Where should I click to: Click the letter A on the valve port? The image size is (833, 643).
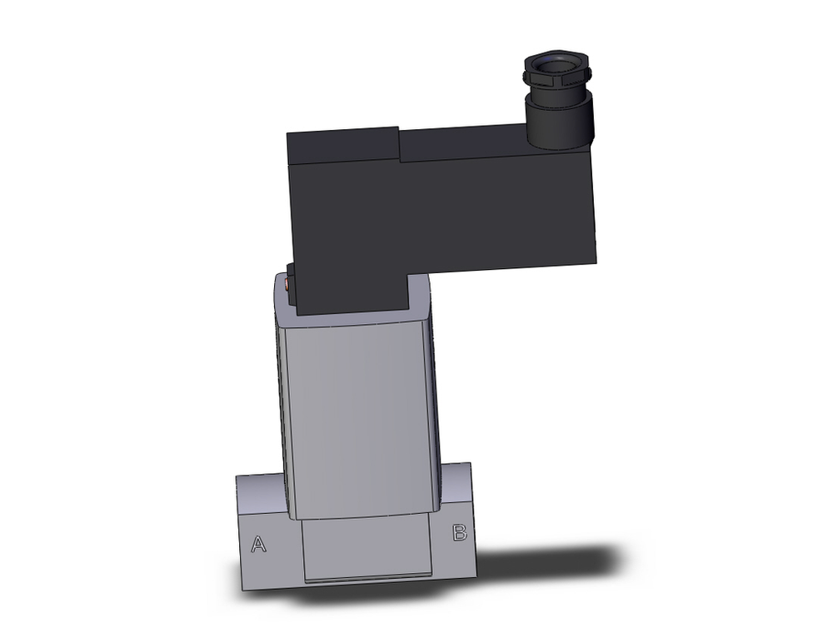point(259,545)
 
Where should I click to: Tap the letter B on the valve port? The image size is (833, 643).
point(459,534)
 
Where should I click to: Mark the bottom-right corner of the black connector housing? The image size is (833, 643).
point(595,260)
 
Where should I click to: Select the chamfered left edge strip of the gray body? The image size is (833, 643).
point(282,400)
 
